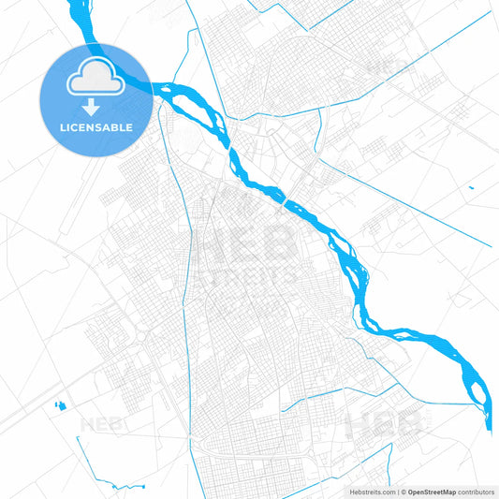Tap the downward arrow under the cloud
pos(95,108)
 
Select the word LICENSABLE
pos(95,127)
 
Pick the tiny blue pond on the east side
pos(471,188)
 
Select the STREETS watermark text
pos(247,277)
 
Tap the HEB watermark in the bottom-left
pos(103,423)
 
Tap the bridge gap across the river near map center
pos(284,198)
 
